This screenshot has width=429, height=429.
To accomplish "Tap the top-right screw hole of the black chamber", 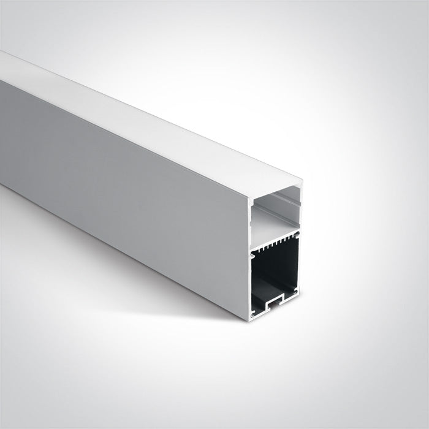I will click(297, 234).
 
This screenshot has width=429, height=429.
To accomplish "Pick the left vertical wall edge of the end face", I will click(249, 257).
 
